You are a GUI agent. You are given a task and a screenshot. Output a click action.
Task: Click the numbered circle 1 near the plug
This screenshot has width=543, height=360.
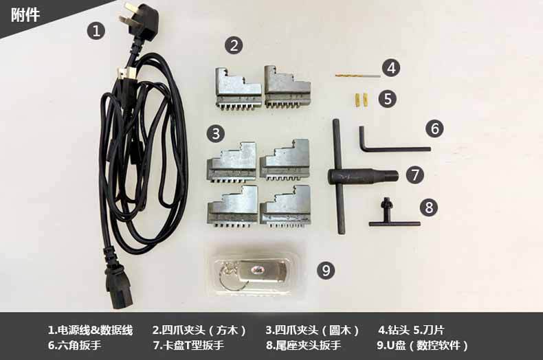[96, 31]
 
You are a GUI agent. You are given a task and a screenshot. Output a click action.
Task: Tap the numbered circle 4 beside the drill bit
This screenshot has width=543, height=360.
[391, 68]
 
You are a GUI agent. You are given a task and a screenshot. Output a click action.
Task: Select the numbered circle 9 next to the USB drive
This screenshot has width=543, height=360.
[326, 270]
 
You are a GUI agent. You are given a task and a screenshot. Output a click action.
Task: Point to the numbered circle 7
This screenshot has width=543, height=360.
[415, 175]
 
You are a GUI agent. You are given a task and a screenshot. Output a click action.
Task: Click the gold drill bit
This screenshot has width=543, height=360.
[357, 75]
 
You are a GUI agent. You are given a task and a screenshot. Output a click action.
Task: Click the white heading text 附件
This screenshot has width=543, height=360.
[25, 15]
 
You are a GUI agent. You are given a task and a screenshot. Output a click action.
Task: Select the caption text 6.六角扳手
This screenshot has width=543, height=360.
[74, 345]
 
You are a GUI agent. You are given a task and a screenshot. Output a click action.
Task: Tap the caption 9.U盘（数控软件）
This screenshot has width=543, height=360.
[423, 345]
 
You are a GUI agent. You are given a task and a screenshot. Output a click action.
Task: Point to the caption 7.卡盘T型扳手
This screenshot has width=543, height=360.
[188, 345]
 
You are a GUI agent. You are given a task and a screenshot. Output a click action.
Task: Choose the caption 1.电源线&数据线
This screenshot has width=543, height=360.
[90, 330]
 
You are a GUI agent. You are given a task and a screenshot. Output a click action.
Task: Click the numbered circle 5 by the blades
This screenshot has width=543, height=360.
[388, 99]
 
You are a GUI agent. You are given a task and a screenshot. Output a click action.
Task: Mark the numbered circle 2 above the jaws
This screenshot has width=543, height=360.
[234, 45]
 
